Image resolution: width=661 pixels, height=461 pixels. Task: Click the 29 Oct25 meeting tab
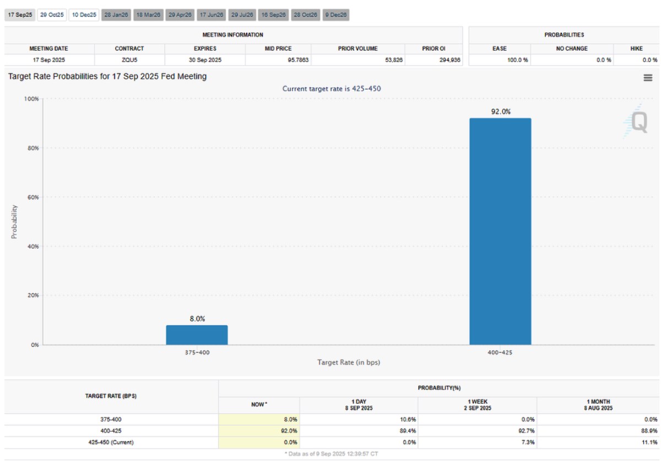pyautogui.click(x=52, y=15)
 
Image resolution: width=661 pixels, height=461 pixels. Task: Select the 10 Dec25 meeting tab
pyautogui.click(x=84, y=15)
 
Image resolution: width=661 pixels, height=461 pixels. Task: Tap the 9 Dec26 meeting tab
pyautogui.click(x=336, y=15)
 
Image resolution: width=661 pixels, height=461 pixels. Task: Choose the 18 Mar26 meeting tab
pyautogui.click(x=147, y=15)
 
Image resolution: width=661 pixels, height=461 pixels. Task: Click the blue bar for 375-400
pyautogui.click(x=197, y=335)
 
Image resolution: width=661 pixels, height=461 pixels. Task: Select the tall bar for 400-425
pyautogui.click(x=500, y=232)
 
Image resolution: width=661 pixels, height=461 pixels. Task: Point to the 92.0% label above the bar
pyautogui.click(x=500, y=111)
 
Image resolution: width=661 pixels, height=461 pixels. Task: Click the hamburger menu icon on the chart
pyautogui.click(x=648, y=78)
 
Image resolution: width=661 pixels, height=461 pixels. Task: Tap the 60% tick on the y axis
pyautogui.click(x=32, y=197)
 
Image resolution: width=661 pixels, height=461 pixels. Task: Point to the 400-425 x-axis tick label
pyautogui.click(x=500, y=352)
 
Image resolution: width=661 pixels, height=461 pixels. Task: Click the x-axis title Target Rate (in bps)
pyautogui.click(x=349, y=362)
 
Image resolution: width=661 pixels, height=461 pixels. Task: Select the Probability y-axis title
pyautogui.click(x=14, y=222)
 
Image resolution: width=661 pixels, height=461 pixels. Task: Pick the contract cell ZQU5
pyautogui.click(x=129, y=60)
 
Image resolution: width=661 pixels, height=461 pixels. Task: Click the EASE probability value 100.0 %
pyautogui.click(x=517, y=60)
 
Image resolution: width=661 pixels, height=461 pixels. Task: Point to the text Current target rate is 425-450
pyautogui.click(x=331, y=88)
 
